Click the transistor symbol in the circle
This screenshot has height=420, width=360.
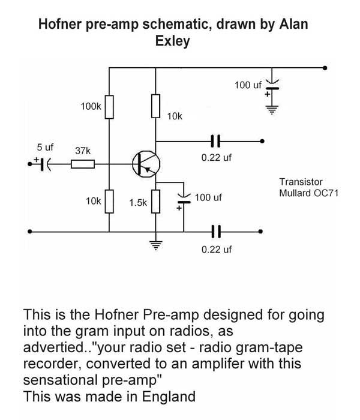point(145,163)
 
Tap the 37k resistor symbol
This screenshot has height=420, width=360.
point(83,163)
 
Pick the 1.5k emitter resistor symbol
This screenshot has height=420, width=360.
point(156,202)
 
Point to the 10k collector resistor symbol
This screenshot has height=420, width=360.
point(156,106)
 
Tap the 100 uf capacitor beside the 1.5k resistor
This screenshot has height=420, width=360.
point(184,200)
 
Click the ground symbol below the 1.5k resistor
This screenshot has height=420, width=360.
point(156,245)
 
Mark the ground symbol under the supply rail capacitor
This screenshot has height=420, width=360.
point(273,110)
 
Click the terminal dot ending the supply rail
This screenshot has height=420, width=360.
point(325,68)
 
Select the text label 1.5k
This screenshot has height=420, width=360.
point(138,203)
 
